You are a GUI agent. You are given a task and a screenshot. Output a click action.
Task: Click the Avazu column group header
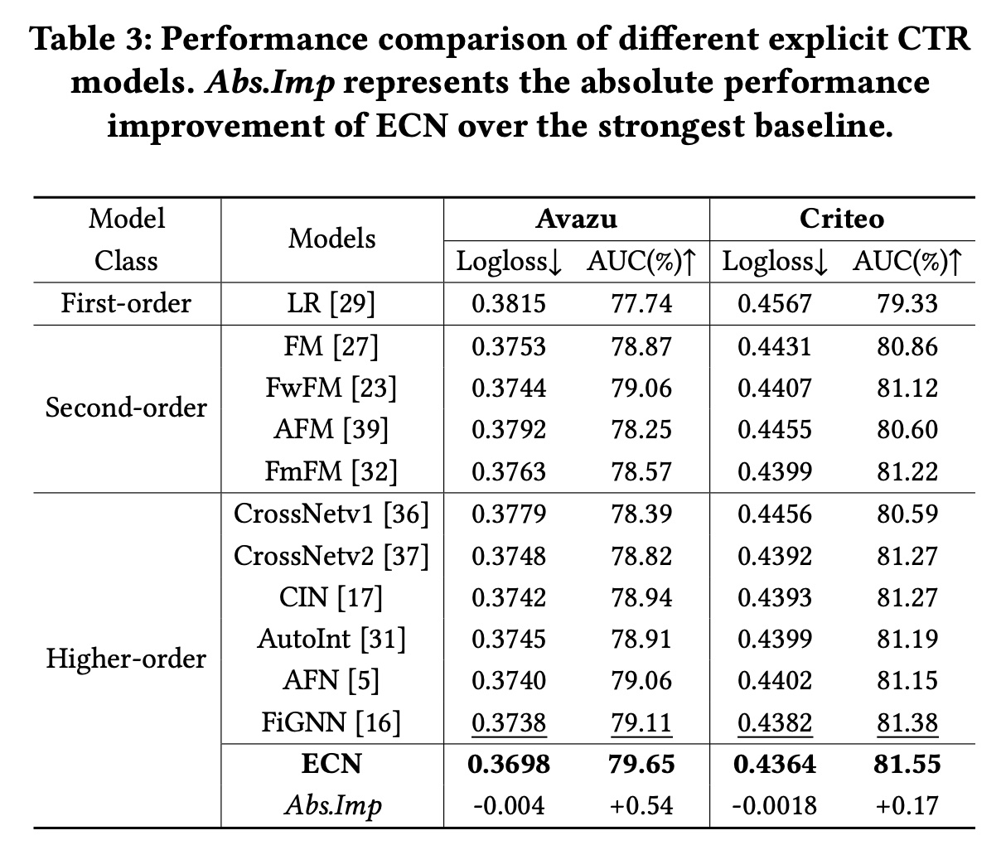[576, 218]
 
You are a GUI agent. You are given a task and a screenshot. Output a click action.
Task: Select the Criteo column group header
[841, 218]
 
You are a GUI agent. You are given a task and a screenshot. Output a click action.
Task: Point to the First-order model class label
[126, 303]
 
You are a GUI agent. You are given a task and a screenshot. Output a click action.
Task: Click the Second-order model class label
[126, 408]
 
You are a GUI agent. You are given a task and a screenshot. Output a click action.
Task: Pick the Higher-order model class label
[126, 659]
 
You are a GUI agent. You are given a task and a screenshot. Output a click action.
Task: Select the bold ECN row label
[331, 764]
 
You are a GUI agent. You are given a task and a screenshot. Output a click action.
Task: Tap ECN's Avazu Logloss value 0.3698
[509, 764]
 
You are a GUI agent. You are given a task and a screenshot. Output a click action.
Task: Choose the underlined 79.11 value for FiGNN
[641, 722]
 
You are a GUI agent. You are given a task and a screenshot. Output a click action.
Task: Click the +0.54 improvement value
[641, 805]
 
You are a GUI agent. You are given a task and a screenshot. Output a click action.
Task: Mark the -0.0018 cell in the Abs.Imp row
[775, 805]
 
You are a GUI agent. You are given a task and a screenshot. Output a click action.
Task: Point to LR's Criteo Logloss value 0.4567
[775, 303]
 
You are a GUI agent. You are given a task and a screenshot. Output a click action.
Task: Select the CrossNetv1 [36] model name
[331, 514]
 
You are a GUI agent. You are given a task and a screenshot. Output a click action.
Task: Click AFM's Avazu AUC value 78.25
[641, 429]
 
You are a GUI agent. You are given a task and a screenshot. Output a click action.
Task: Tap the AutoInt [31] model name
[331, 639]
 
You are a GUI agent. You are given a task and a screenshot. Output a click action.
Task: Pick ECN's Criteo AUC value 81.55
[907, 764]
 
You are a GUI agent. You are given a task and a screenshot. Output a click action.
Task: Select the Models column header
[331, 239]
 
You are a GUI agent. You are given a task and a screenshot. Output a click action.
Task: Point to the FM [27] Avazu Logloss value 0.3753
[509, 345]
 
